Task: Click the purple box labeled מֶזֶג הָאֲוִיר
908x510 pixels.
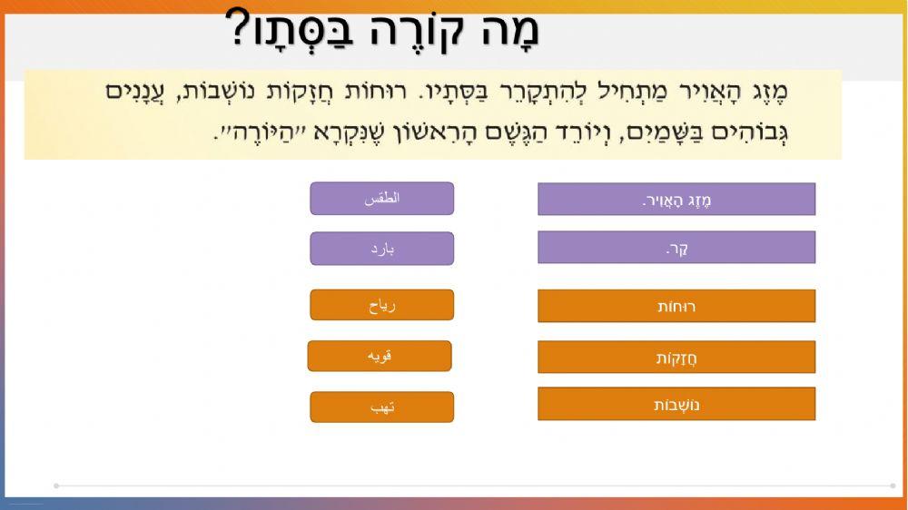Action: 676,199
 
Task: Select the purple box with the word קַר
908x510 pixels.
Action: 676,247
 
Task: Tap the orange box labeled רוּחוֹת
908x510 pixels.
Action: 676,306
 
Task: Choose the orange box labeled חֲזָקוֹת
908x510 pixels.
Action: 676,357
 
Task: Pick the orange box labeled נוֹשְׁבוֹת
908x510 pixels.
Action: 676,404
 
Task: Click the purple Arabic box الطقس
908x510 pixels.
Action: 382,198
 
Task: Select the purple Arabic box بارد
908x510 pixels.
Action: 382,249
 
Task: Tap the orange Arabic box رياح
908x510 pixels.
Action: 382,305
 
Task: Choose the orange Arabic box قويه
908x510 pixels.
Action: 380,356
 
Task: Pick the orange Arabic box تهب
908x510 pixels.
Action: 382,407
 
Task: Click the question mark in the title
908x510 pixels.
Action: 237,29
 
